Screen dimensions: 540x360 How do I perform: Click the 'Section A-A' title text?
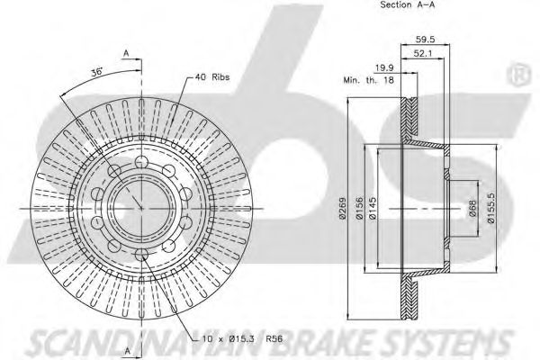pos(407,4)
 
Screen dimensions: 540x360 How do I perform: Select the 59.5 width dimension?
pos(426,40)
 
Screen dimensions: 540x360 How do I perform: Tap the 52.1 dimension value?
pos(423,53)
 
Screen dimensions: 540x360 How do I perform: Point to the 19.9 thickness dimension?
pos(384,67)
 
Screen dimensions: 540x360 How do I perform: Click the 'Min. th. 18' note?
pos(368,80)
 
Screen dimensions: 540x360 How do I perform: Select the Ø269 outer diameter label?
pos(343,208)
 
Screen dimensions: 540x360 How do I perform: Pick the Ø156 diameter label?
pos(359,208)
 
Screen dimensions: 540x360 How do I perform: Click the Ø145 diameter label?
pos(373,208)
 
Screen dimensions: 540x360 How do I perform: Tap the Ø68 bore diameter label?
pos(472,208)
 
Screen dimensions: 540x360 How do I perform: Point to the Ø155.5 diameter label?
pos(490,208)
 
